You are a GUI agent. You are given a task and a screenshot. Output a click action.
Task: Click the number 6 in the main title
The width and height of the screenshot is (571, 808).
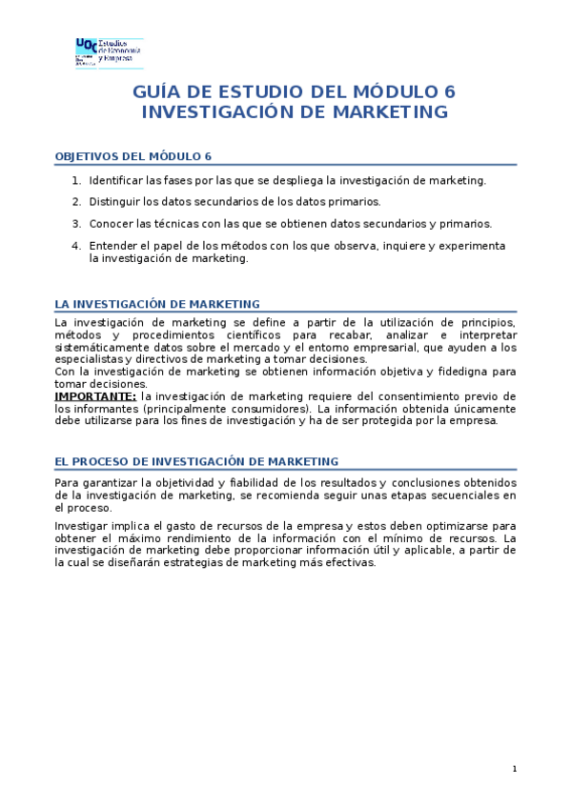450,92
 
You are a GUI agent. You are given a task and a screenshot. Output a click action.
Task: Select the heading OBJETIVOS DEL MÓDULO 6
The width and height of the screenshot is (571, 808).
133,156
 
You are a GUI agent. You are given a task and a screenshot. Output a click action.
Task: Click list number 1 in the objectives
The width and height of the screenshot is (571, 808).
76,180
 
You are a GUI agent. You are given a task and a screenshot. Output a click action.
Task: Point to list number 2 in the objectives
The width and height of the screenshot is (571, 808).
76,202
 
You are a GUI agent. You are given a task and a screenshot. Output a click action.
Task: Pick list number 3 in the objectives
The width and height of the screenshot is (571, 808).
76,224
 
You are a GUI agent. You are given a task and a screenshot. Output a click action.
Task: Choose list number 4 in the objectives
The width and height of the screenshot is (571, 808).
76,246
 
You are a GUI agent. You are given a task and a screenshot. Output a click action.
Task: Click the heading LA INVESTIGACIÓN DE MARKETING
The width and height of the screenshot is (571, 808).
157,304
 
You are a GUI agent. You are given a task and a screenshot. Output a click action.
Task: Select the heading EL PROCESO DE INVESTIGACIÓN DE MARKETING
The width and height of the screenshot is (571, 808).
196,461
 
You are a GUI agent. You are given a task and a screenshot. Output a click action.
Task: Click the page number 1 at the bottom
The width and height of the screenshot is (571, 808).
514,769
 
